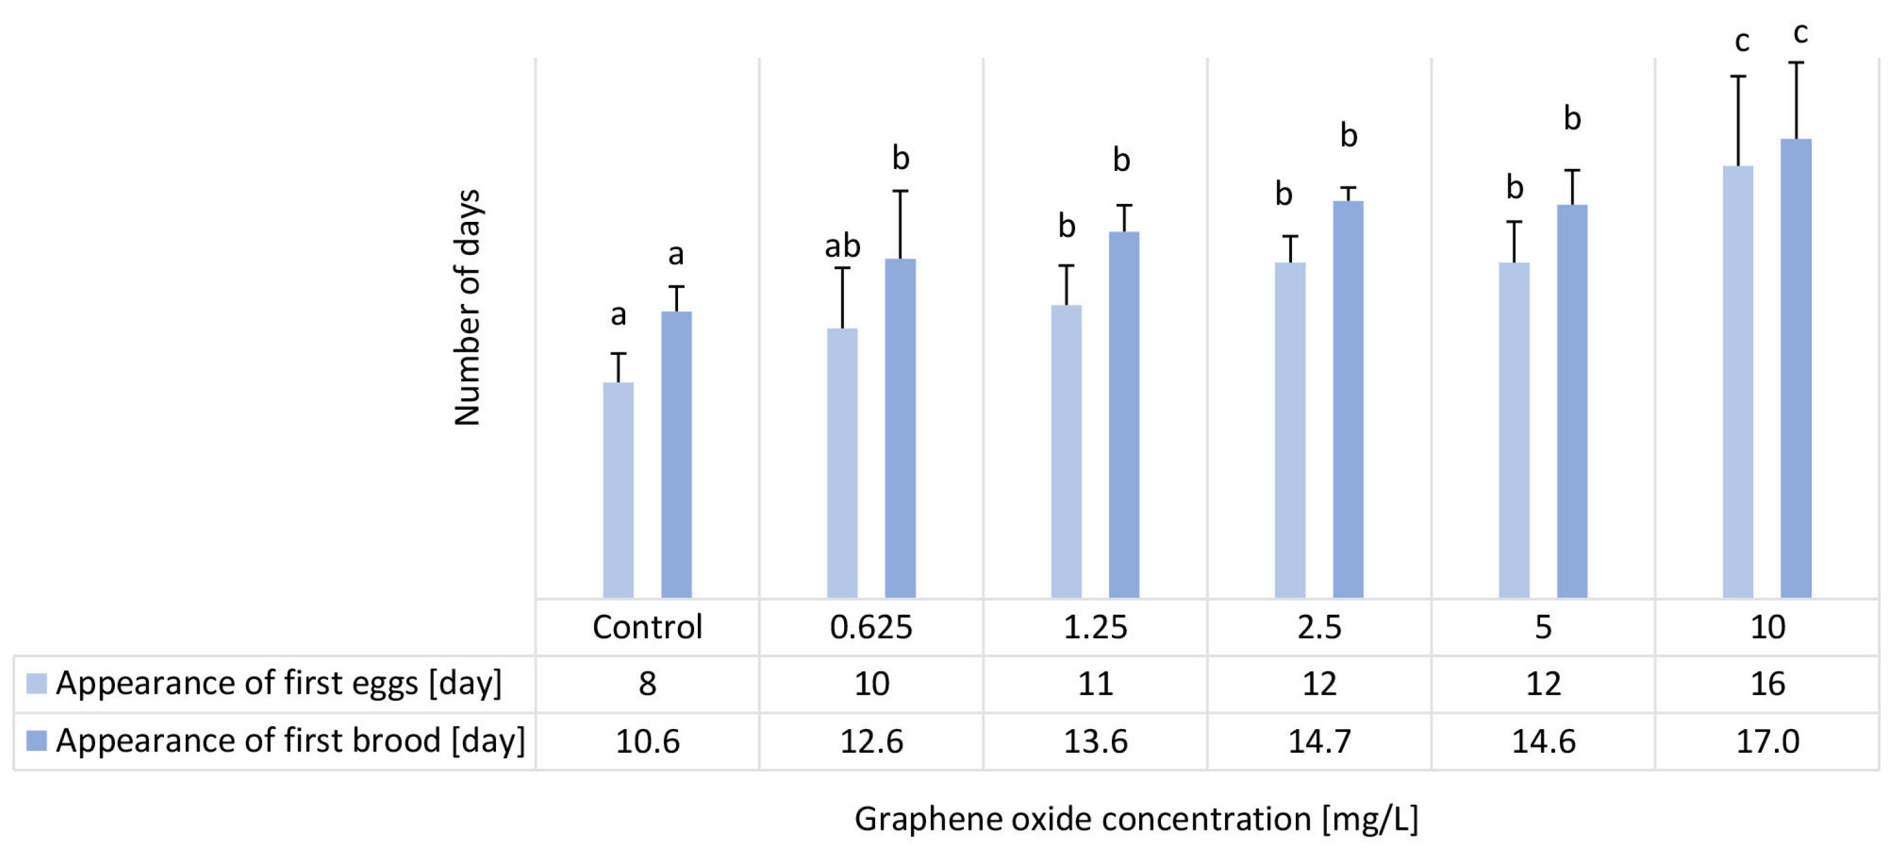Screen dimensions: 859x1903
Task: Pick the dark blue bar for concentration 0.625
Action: (900, 428)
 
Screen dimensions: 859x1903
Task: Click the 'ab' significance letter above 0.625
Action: (842, 246)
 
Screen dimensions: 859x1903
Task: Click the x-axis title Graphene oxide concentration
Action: (1136, 819)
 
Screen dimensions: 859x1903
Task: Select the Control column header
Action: (647, 627)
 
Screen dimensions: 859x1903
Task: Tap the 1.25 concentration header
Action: (1095, 627)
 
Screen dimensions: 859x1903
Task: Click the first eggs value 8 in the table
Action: (647, 684)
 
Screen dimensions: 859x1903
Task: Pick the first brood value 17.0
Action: (1767, 741)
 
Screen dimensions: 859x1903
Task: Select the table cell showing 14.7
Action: (1319, 741)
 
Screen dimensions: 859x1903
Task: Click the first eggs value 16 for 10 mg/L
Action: (1767, 684)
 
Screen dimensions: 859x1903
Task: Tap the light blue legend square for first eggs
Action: (36, 683)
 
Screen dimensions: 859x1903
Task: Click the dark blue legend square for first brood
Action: (36, 740)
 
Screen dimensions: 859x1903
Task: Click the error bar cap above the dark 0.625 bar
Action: (900, 191)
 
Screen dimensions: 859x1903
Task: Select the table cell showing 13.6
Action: (1095, 741)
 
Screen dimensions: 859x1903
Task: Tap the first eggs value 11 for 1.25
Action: (1095, 684)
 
